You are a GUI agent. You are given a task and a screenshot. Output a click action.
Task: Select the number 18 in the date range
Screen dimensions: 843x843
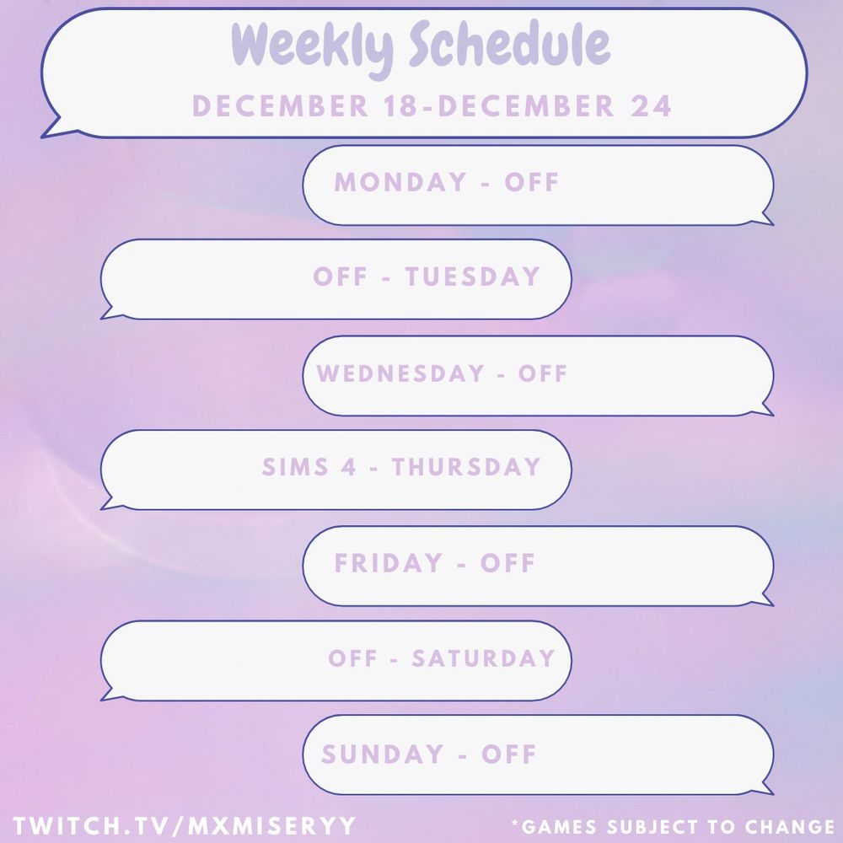click(401, 105)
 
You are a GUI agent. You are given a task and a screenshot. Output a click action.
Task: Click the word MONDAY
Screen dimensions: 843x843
click(400, 182)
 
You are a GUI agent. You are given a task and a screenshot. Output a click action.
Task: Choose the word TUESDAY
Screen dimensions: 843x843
click(473, 277)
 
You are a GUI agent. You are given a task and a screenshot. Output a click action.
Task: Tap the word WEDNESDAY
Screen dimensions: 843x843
click(400, 373)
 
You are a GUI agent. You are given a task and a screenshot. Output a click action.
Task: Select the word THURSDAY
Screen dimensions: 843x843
click(466, 467)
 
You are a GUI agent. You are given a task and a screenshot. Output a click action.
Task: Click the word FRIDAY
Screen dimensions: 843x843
click(388, 563)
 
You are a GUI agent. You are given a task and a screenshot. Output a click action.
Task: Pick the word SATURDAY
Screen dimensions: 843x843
click(483, 658)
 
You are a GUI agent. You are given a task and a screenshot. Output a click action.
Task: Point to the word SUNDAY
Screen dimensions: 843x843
click(382, 754)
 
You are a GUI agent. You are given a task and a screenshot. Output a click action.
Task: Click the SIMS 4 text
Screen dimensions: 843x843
click(309, 467)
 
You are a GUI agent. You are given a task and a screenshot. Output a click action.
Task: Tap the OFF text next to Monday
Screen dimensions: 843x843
click(532, 182)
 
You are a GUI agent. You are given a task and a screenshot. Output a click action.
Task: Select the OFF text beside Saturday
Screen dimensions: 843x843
click(352, 658)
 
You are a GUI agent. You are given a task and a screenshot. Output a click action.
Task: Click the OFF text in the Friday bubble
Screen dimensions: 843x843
click(507, 563)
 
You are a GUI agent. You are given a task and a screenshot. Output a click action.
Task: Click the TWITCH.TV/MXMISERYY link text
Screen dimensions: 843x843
click(185, 826)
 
